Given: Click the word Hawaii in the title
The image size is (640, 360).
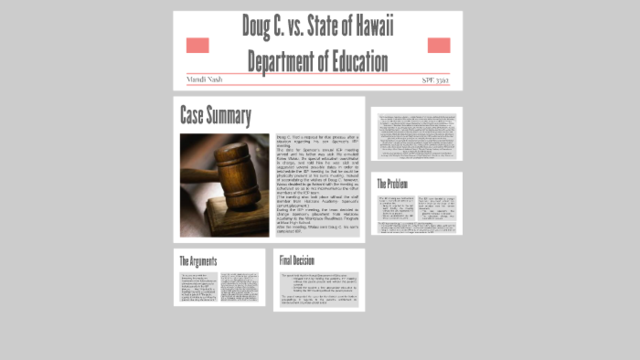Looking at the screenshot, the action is point(370,28).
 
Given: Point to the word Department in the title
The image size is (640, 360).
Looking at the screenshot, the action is point(279,60).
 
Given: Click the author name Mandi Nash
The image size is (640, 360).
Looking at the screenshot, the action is point(205,77).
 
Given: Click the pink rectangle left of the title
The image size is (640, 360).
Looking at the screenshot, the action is point(198,45).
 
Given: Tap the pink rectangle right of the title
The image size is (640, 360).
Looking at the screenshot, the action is point(439,45).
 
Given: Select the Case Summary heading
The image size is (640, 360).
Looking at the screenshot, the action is point(215,115).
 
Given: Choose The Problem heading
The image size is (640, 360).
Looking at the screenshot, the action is point(394,184).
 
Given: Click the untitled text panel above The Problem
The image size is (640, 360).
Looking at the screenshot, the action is point(416,134).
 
